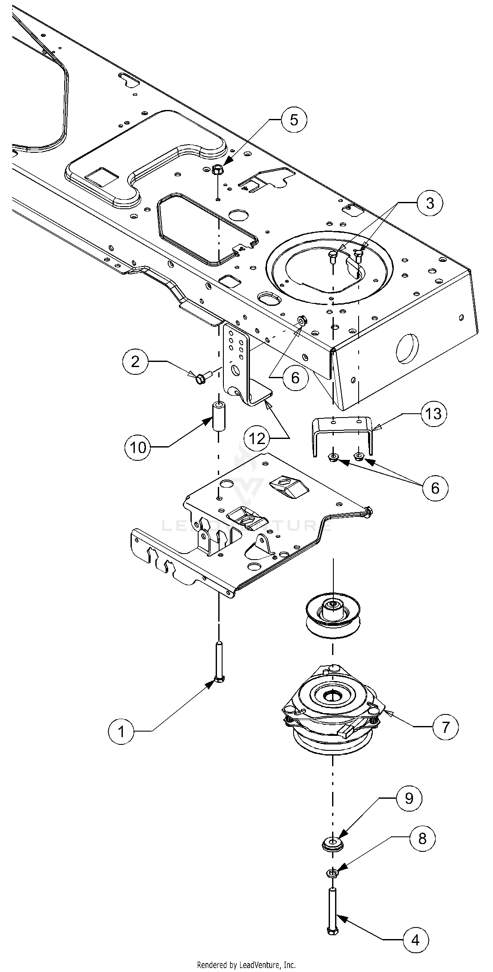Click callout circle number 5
tap(294, 120)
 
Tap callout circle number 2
tap(136, 362)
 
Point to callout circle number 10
tap(138, 447)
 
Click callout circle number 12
tap(257, 439)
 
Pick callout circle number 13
tap(434, 414)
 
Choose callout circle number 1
tap(121, 732)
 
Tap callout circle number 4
tap(415, 939)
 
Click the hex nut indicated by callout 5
tap(217, 169)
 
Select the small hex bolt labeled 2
tap(201, 378)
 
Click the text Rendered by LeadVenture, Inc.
tap(246, 965)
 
